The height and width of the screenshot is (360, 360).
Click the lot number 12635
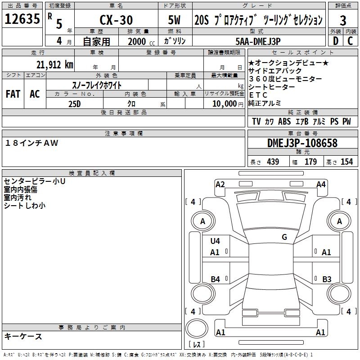click(x=22, y=19)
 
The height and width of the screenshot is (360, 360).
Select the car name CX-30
click(x=116, y=20)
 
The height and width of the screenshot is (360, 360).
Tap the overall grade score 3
click(x=343, y=21)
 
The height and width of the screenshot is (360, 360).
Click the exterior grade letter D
click(x=336, y=41)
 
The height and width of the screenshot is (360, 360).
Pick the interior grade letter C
click(x=350, y=41)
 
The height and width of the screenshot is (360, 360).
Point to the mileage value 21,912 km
click(x=55, y=65)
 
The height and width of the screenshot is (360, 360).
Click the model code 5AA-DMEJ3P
click(x=258, y=41)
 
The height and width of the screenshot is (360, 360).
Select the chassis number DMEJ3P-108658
click(x=302, y=143)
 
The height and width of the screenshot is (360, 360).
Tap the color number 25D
click(x=75, y=104)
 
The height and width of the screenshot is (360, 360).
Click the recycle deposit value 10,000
click(x=225, y=104)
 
